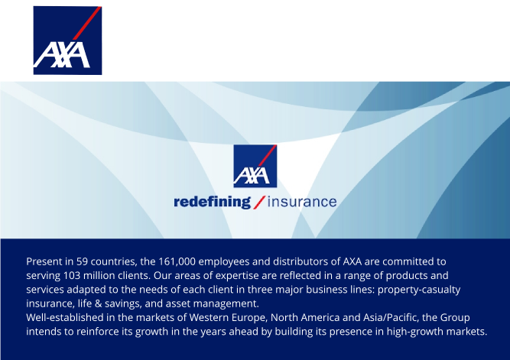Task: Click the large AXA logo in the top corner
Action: tap(67, 41)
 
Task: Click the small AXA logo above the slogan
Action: tap(255, 166)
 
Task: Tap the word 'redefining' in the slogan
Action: tap(212, 202)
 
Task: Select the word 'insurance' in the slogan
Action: tap(302, 202)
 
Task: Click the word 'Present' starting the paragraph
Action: tap(45, 261)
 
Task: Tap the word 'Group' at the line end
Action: tap(454, 317)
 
